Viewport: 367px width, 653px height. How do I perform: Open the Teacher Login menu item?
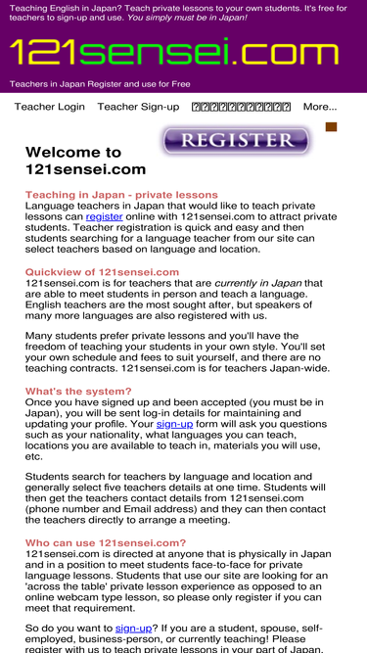[49, 107]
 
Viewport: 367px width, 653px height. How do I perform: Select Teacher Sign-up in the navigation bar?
[138, 107]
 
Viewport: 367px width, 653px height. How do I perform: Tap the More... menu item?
[319, 107]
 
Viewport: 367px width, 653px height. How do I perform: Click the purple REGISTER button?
[235, 141]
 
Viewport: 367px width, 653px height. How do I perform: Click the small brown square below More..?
[331, 127]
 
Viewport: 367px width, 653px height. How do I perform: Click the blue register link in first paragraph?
[104, 216]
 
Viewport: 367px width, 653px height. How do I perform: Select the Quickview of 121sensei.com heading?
[88, 272]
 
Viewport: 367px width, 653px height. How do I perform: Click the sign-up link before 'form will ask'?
[174, 424]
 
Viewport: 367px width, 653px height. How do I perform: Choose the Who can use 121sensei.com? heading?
[105, 542]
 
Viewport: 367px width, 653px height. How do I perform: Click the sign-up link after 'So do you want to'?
[133, 628]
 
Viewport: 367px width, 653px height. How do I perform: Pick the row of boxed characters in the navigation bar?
[241, 107]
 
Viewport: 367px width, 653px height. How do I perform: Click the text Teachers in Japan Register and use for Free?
[100, 84]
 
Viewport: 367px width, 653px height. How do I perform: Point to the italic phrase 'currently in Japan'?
[257, 283]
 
